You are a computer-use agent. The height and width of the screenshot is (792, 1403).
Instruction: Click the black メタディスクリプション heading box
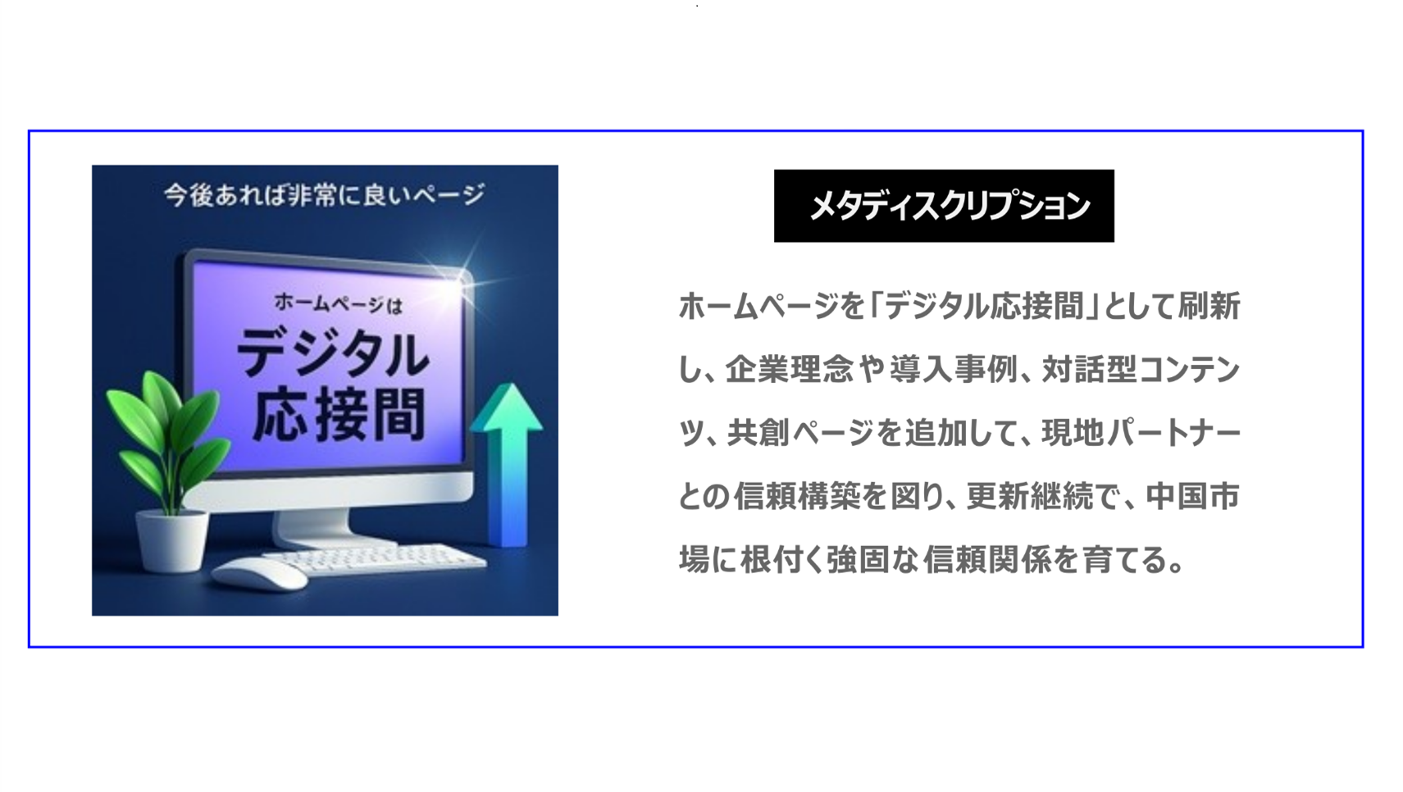coord(943,206)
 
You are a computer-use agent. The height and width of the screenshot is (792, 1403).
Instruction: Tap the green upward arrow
coord(508,459)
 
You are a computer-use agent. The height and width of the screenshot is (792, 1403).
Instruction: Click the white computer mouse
coord(260,574)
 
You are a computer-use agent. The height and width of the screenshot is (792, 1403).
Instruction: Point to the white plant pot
coord(171,541)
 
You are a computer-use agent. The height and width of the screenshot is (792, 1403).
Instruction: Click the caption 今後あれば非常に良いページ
coord(325,195)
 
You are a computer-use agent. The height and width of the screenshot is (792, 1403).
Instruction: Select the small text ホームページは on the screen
coord(337,304)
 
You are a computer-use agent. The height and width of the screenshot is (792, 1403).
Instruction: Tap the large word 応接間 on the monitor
coord(338,415)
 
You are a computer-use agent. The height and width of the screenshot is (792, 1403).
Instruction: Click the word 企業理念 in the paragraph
coord(788,370)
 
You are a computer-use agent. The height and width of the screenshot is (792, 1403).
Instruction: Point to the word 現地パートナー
coord(1141,433)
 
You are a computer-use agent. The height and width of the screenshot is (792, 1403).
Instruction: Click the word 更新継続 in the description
coord(1029,497)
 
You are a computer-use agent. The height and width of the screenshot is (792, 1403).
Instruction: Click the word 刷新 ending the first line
coord(1209,307)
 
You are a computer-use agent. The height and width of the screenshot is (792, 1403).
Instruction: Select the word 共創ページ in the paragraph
coord(800,433)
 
